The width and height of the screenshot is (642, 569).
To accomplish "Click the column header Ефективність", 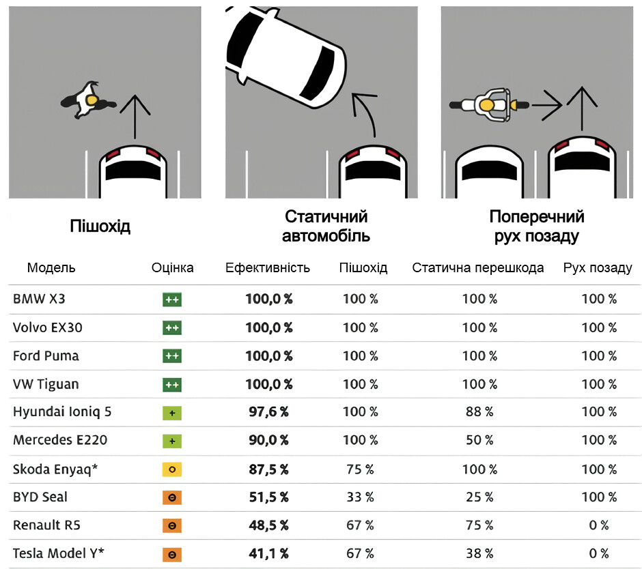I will point(268,267).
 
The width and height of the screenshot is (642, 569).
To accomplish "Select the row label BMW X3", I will point(39,299).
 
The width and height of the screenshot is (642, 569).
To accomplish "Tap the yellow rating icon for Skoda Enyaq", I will point(172,469).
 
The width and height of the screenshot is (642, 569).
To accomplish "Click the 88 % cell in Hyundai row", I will point(478,412).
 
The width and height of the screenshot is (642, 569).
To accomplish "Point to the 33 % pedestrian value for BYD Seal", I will point(360,497).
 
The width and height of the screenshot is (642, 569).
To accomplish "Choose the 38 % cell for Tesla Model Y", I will point(478,554).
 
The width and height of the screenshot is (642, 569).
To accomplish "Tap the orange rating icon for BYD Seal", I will point(172,497).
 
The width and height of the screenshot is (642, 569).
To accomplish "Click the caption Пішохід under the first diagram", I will point(100,227).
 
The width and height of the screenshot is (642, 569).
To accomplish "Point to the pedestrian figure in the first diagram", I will point(88,100).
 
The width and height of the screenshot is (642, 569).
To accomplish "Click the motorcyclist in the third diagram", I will point(489,104).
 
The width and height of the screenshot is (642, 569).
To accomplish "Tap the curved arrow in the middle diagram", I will point(365,113).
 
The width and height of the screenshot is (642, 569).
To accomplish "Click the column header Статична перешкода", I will point(478,267).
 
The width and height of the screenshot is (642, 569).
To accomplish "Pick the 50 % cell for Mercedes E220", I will point(478,441).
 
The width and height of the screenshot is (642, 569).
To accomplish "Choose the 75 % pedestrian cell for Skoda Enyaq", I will point(360,469).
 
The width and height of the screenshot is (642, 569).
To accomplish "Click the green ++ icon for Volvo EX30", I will point(172,327).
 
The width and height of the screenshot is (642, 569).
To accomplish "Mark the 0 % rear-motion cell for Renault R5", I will point(599,525).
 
